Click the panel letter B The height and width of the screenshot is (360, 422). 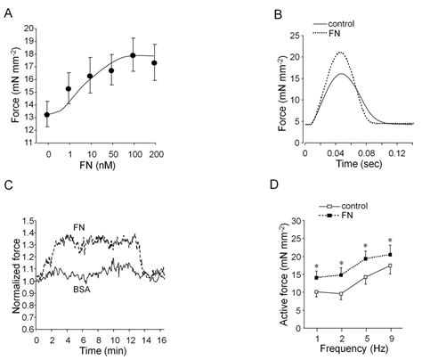click(227, 12)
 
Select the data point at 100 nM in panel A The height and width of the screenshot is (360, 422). click(133, 55)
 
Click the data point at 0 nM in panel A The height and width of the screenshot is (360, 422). click(48, 114)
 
